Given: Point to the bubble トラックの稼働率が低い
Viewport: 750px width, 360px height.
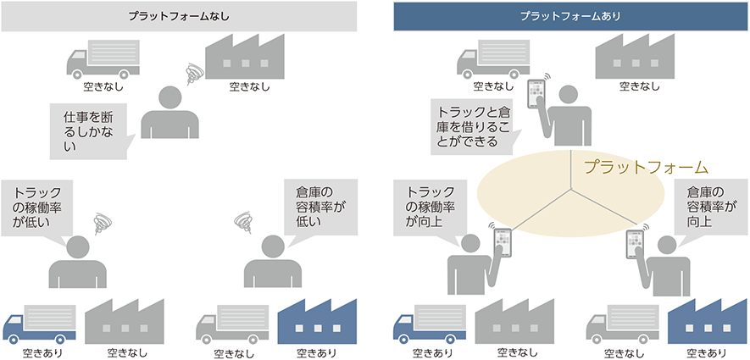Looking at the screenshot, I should point(37,208).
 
